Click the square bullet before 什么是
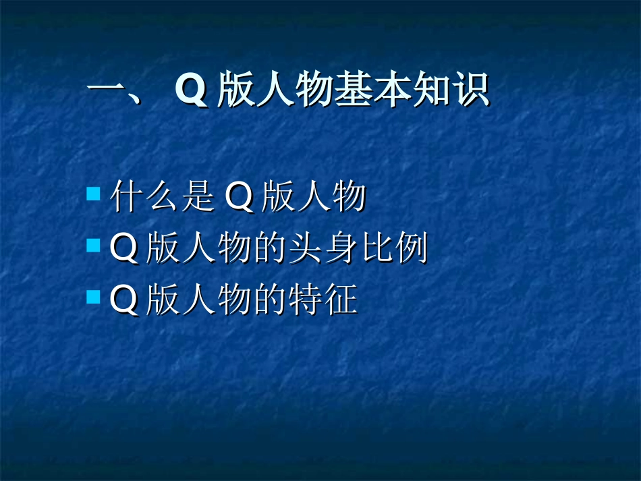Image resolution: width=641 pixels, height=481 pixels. pos(93,195)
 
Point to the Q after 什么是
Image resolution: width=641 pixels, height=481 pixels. pos(237,198)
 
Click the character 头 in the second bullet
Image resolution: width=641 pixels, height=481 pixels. pos(305,249)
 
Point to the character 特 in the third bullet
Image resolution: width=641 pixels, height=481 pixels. pos(305,300)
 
